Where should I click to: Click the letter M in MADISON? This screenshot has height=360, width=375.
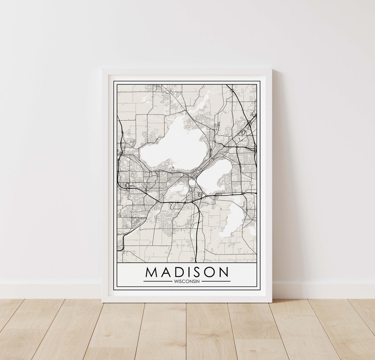click(x=152, y=272)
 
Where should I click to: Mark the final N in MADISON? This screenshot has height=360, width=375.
click(x=224, y=272)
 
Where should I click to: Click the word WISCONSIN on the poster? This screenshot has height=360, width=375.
click(x=187, y=281)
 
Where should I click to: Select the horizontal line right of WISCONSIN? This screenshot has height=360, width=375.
click(x=216, y=281)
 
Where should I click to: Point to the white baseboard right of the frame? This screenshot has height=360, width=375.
click(x=323, y=290)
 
